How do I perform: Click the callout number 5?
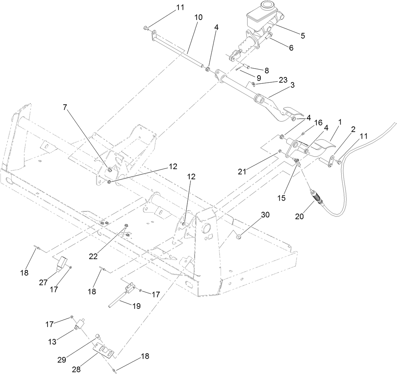point(303,35)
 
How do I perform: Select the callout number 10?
point(198,18)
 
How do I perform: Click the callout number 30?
point(265,215)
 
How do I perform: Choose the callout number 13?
point(52,342)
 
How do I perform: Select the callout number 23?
point(283,80)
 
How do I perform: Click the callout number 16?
point(318,123)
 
